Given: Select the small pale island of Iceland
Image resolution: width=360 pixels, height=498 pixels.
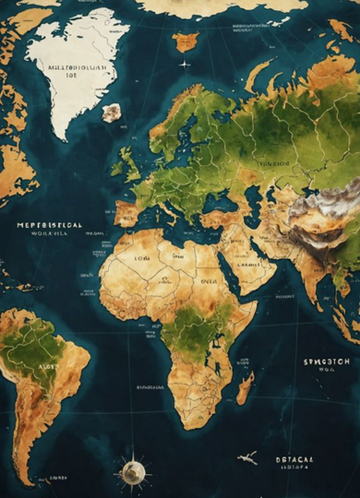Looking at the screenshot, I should click(x=112, y=113).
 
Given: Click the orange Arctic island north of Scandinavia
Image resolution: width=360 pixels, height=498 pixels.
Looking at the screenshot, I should click(x=186, y=41).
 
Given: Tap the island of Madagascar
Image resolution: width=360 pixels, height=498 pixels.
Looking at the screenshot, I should click(x=245, y=388).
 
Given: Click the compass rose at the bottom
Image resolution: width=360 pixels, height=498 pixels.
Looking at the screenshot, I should click(x=133, y=472).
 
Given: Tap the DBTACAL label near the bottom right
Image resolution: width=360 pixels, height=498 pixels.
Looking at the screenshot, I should click(x=294, y=458).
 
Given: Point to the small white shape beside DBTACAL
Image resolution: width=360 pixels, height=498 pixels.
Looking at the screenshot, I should click(x=247, y=457).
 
